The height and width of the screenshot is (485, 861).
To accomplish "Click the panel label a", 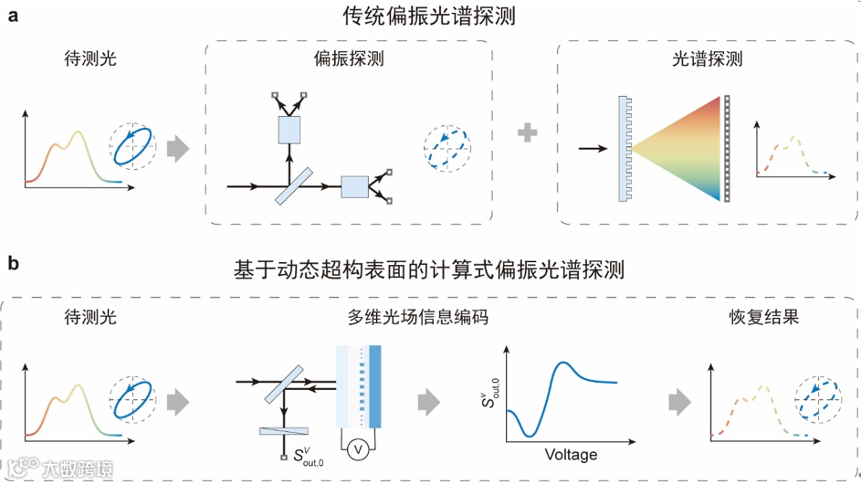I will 14,15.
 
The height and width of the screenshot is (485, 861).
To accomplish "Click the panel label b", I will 14,265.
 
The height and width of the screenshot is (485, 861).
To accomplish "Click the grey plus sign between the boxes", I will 528,134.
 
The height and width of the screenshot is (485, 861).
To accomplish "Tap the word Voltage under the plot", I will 571,454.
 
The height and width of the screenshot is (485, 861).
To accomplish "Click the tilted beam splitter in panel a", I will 289,187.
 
